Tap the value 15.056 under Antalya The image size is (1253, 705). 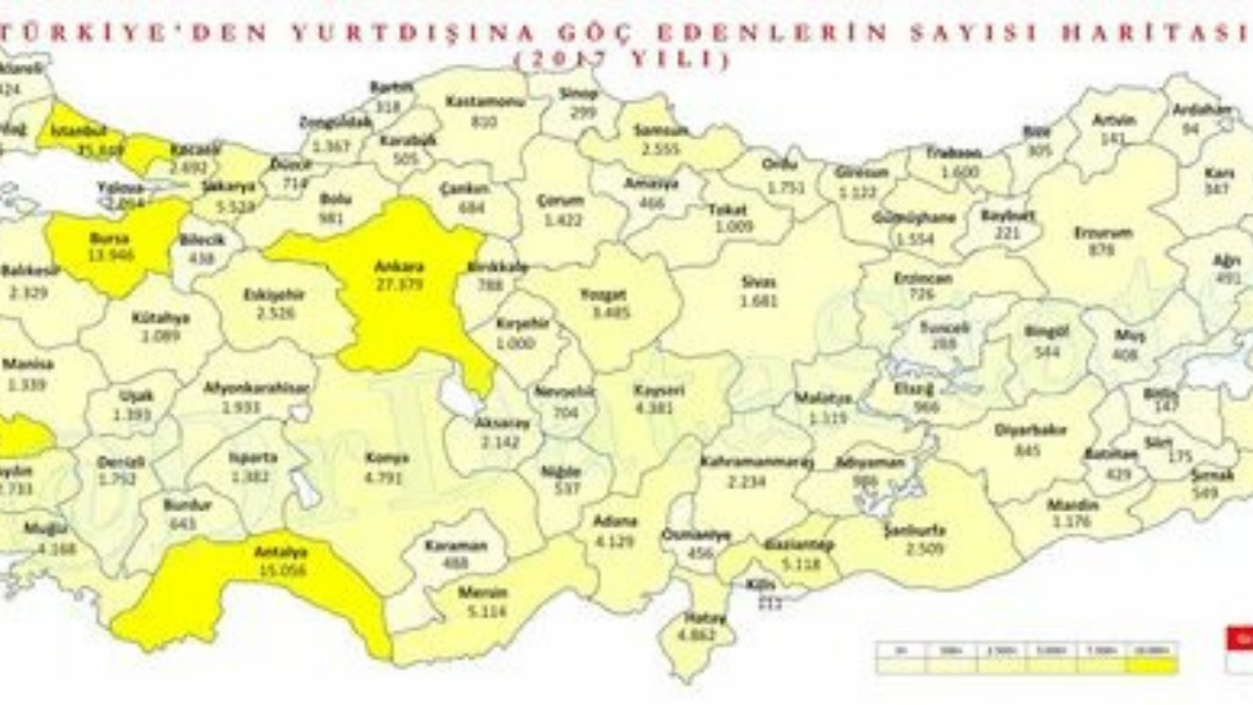(x=281, y=571)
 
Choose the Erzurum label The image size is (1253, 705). (x=1103, y=233)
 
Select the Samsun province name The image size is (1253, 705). (x=661, y=129)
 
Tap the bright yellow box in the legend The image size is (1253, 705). (x=1152, y=665)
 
